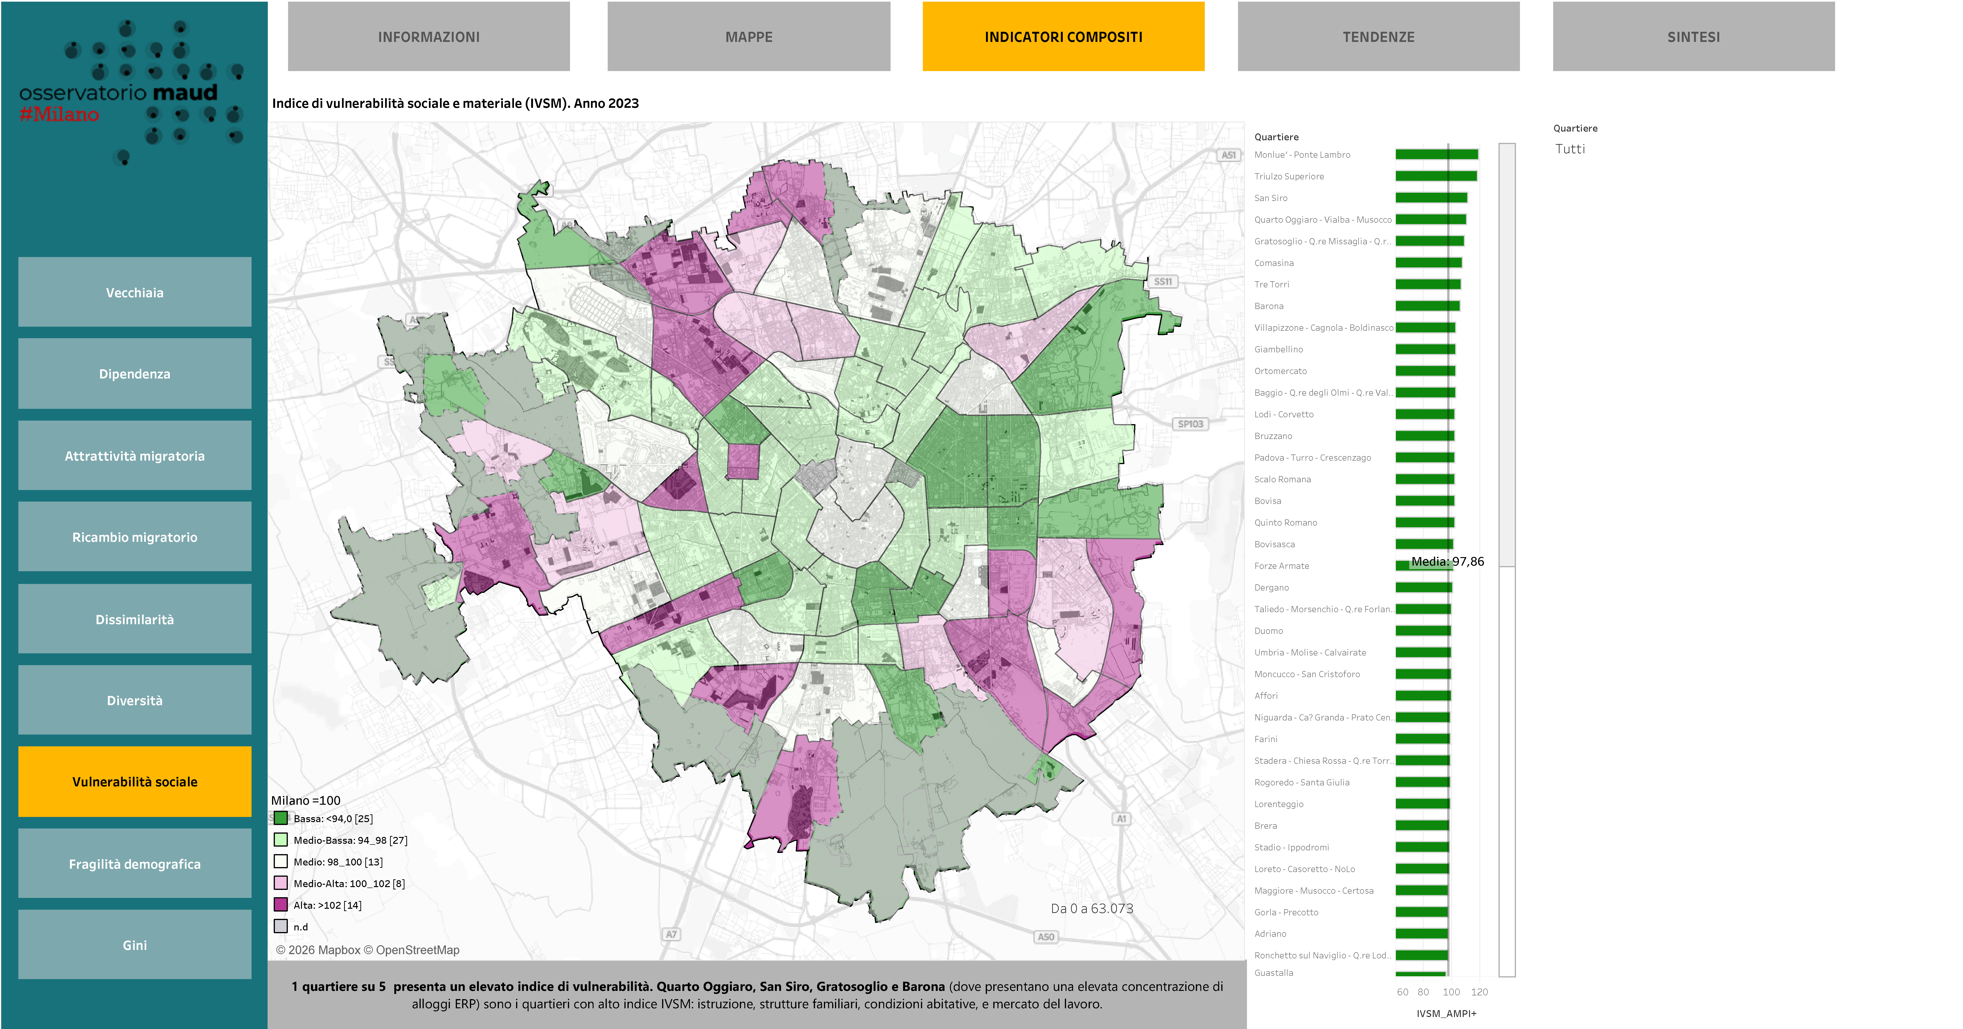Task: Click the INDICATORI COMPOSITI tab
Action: click(x=1063, y=36)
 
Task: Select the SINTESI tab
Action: click(x=1693, y=36)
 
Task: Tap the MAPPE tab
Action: click(x=748, y=36)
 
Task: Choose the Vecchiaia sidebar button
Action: click(x=135, y=293)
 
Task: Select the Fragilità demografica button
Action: click(x=135, y=864)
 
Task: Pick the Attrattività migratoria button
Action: click(x=135, y=455)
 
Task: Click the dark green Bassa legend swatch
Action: click(x=281, y=818)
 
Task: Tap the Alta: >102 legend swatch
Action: click(x=281, y=905)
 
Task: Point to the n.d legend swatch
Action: click(x=281, y=926)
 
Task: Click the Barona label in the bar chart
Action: click(x=1269, y=306)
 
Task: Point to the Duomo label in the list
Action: click(x=1269, y=631)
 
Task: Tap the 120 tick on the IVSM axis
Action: click(x=1479, y=992)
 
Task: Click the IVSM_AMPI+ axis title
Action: click(x=1446, y=1013)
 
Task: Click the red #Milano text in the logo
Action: click(x=59, y=114)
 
